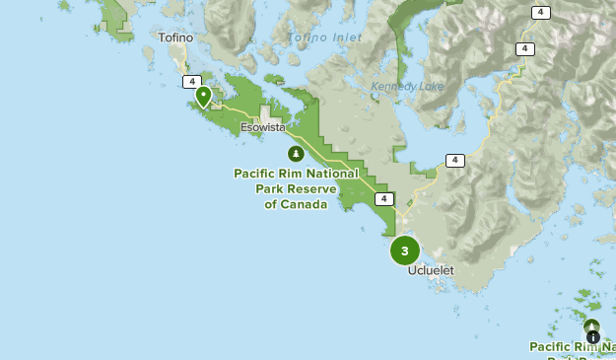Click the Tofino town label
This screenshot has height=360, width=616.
click(x=175, y=38)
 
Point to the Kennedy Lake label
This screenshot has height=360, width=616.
click(x=407, y=87)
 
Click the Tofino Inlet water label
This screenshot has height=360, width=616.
click(x=322, y=38)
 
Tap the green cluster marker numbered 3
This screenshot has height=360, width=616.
click(x=404, y=251)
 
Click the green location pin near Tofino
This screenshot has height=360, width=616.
click(x=203, y=96)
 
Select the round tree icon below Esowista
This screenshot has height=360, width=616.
click(x=295, y=153)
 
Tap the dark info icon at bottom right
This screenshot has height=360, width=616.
click(x=592, y=337)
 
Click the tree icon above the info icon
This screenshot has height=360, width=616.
click(x=591, y=325)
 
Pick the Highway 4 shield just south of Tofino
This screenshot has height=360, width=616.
click(x=191, y=82)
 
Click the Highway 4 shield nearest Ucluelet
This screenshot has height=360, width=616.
click(x=383, y=198)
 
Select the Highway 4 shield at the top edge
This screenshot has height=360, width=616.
click(x=540, y=13)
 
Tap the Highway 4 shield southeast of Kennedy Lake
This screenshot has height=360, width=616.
click(x=453, y=160)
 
